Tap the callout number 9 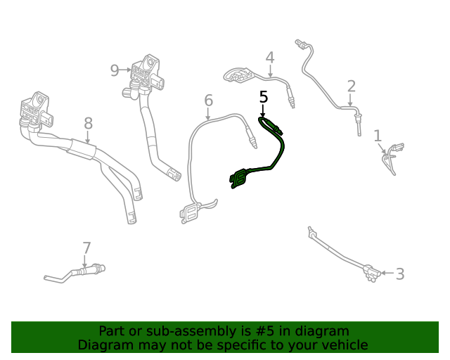point(115,70)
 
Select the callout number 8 point(88,124)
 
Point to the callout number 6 point(208,101)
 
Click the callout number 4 point(269,58)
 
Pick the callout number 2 point(351,86)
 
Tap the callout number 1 point(378,136)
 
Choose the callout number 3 point(399,274)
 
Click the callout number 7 point(86,247)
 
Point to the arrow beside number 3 point(387,273)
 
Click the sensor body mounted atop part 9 point(149,70)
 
